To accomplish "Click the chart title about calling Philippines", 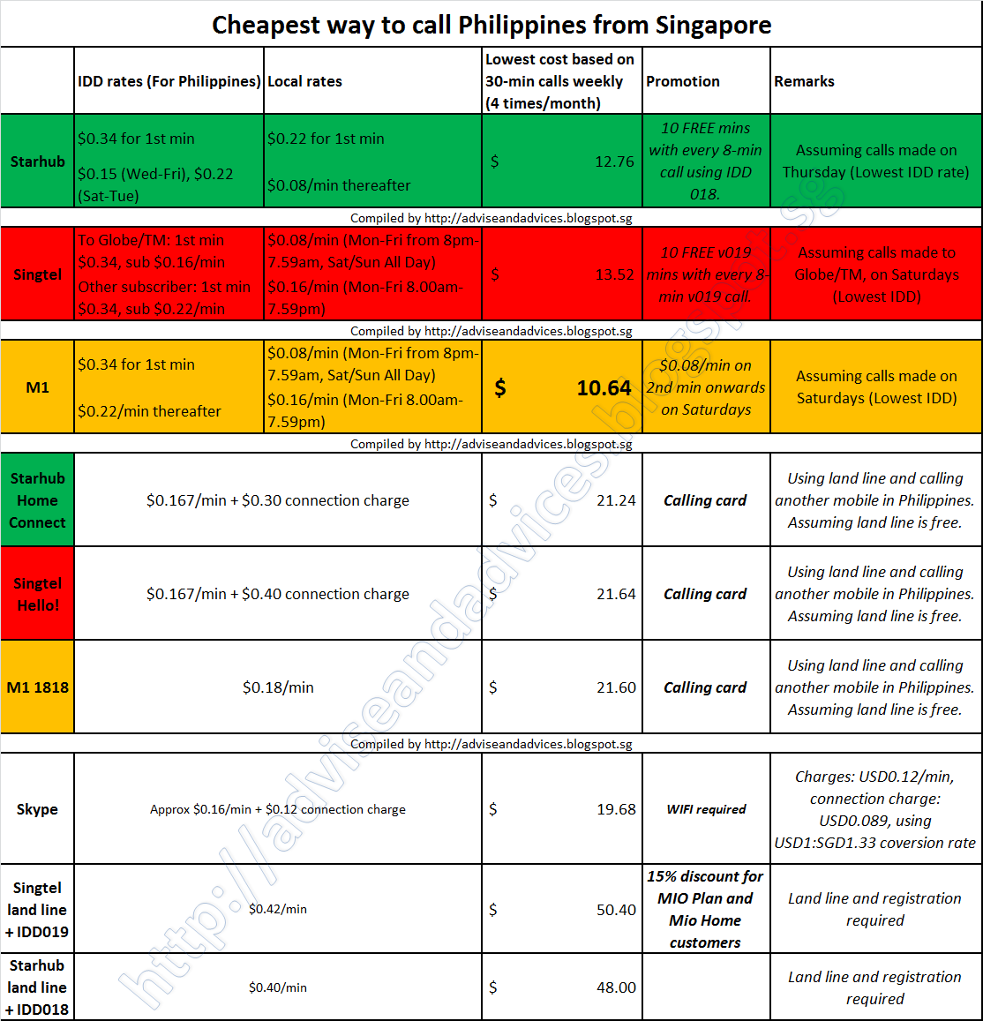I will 491,25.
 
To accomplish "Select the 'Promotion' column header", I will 682,81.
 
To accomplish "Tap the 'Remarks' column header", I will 804,81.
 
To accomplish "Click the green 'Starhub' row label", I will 38,161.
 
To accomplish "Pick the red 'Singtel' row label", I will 38,274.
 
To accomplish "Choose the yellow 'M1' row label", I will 38,387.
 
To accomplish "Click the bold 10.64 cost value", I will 604,388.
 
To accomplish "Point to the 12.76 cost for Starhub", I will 614,161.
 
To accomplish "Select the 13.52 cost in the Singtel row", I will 614,274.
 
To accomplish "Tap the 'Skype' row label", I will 37,809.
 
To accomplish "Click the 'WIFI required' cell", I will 706,809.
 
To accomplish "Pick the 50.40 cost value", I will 616,910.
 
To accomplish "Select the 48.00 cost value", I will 616,987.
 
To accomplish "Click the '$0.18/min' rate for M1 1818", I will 278,687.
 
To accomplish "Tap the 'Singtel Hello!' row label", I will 38,594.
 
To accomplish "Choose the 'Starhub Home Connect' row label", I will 38,500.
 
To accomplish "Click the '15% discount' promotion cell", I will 705,909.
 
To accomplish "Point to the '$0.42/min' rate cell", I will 278,909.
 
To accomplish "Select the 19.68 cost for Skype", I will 616,809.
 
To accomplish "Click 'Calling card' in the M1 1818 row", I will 705,687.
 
